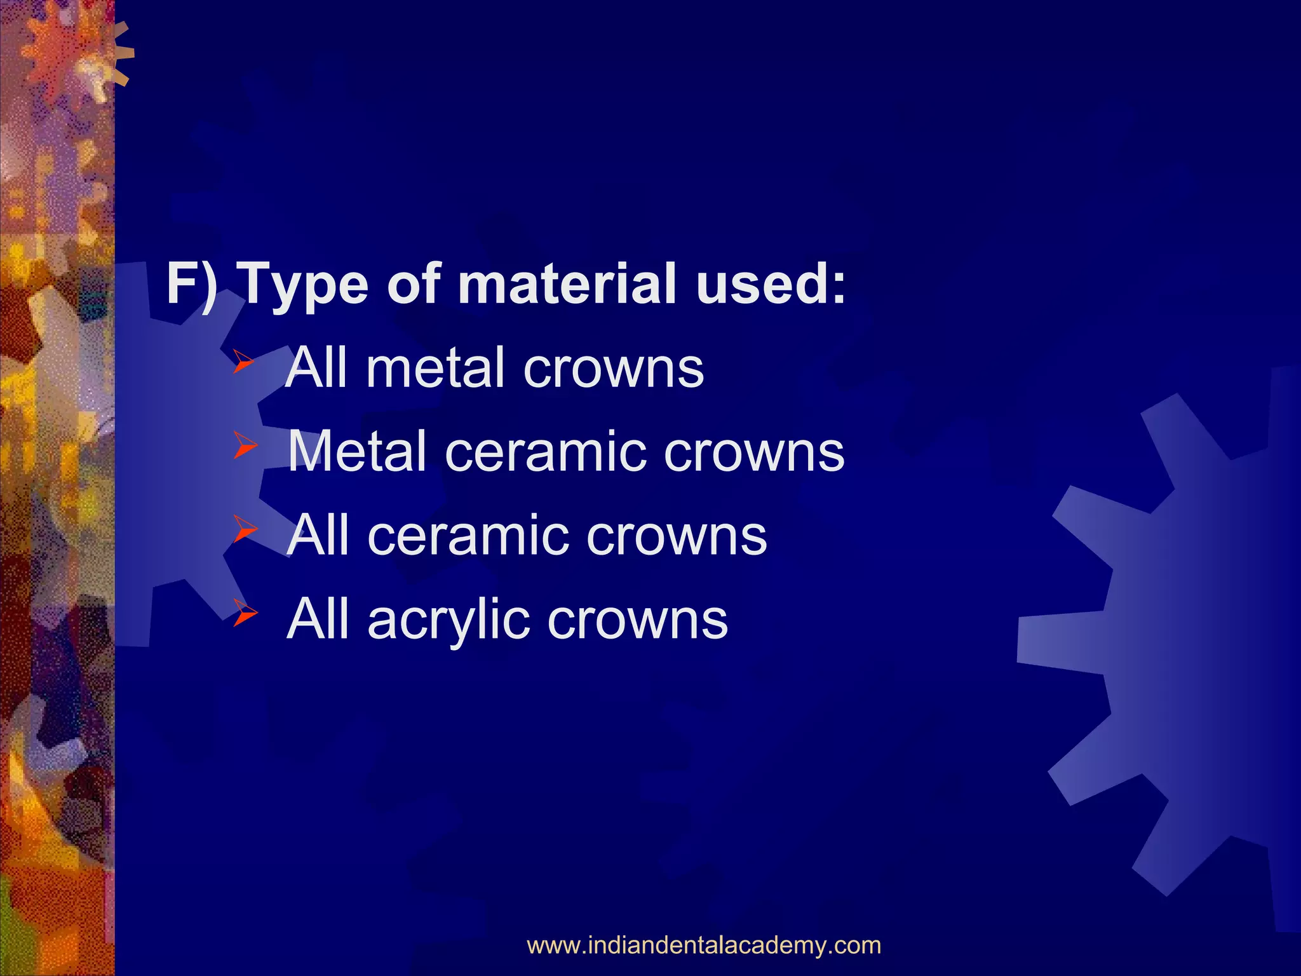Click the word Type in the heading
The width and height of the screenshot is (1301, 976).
click(305, 286)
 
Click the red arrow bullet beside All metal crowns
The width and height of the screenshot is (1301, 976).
click(243, 362)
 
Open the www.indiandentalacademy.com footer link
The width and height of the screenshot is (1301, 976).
click(704, 945)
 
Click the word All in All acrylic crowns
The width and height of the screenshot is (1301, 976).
click(318, 620)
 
